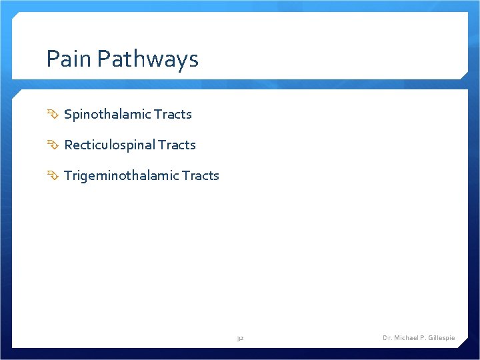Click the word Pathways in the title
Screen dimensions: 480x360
(x=147, y=60)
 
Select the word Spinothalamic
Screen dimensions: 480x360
(x=107, y=114)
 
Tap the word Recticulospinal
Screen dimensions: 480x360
(x=109, y=145)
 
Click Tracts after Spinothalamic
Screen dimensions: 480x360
(x=173, y=114)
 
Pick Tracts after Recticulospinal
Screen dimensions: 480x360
(x=177, y=145)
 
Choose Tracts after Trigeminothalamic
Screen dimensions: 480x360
(x=201, y=175)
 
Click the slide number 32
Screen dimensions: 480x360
(x=240, y=339)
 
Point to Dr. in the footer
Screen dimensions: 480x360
(x=387, y=338)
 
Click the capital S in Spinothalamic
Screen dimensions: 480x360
(x=67, y=114)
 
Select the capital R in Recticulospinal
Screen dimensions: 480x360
(x=67, y=145)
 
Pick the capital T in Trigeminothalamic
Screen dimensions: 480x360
(x=67, y=175)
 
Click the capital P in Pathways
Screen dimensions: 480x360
(x=103, y=59)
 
